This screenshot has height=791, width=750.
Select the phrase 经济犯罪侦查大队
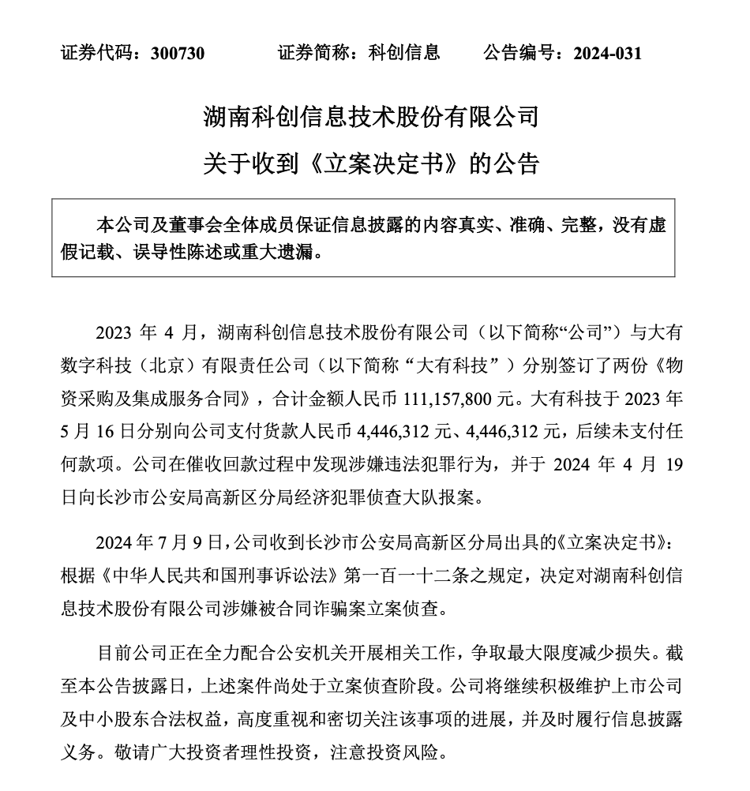click(x=379, y=498)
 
